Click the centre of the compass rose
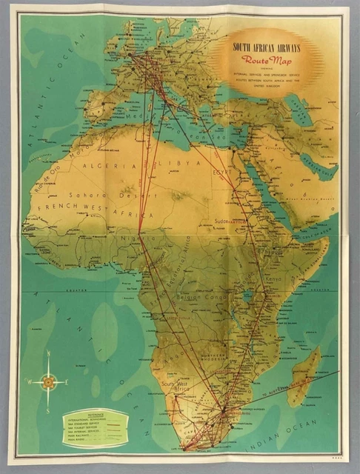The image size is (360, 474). (48, 382)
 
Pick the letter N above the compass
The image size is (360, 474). (48, 354)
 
